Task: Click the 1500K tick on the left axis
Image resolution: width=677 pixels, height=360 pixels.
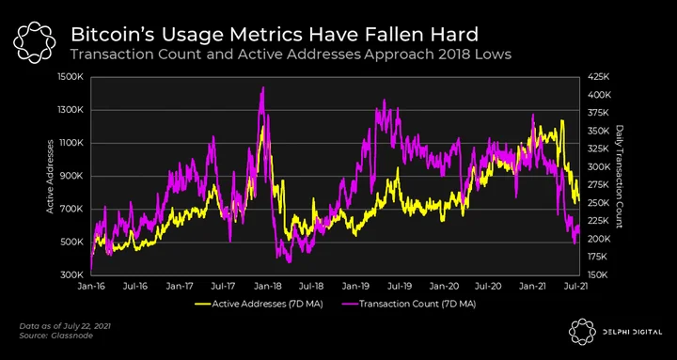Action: point(71,77)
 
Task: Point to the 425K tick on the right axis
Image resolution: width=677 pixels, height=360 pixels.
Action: point(598,77)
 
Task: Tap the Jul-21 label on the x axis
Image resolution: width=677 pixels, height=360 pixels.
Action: point(577,286)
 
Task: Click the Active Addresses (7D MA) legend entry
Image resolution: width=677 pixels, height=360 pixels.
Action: point(259,304)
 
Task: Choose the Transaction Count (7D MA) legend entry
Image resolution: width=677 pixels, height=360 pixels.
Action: point(411,304)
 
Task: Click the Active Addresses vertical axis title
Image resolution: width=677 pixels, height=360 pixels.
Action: point(51,176)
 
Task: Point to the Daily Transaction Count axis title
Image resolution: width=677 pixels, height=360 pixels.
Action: point(620,176)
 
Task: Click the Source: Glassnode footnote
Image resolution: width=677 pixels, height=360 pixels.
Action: point(56,336)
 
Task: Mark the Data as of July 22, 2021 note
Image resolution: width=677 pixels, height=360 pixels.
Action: point(65,326)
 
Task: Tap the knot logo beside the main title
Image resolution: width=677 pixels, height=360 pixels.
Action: point(35,42)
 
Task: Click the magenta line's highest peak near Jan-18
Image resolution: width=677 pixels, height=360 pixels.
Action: point(262,87)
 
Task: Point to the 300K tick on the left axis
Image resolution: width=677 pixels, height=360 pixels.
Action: point(71,274)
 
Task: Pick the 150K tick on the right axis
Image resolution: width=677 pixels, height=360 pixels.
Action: point(598,274)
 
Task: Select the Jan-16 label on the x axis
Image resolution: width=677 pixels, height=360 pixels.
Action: point(91,286)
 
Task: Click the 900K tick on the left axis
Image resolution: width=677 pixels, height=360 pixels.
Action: point(71,176)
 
